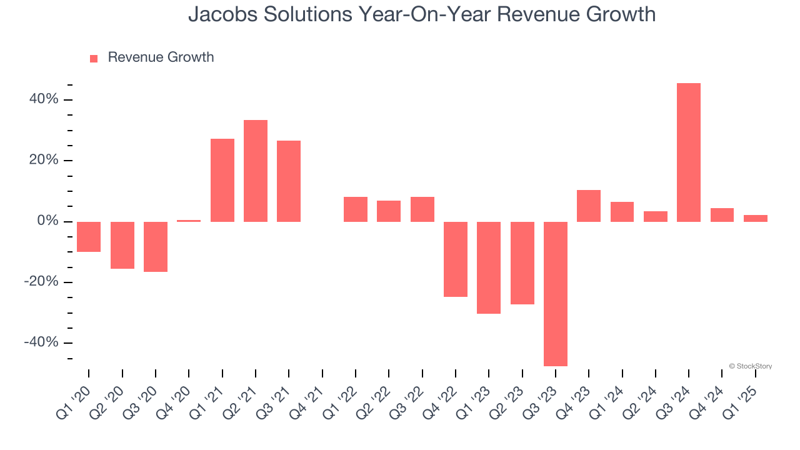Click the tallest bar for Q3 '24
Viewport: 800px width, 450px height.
coord(688,152)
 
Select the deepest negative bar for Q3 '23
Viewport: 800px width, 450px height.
coord(555,294)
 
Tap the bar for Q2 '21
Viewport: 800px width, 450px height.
coord(255,171)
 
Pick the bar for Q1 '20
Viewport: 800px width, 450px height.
coord(89,237)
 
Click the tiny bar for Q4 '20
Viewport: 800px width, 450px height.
coord(189,221)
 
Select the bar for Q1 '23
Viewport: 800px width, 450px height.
coord(489,267)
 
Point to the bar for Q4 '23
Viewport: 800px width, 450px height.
coord(588,206)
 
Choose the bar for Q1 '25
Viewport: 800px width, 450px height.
coord(755,218)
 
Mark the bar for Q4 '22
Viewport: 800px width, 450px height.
coord(455,259)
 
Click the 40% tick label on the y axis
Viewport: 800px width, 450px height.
coord(43,99)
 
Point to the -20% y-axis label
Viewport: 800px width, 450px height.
coord(41,282)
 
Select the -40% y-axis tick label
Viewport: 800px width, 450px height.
coord(41,342)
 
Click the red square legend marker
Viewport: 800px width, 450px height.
coord(94,58)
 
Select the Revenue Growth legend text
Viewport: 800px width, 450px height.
coord(161,57)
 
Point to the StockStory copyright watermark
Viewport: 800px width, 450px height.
coord(750,366)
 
